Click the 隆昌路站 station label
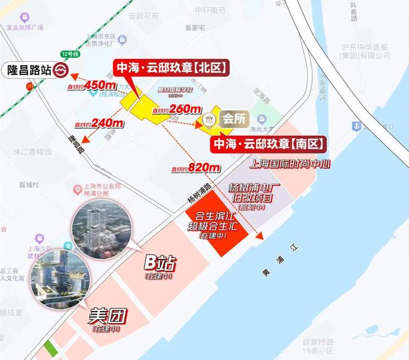28,69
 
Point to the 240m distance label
107,123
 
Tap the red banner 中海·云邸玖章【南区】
269,144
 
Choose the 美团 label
108,317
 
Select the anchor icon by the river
357,126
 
